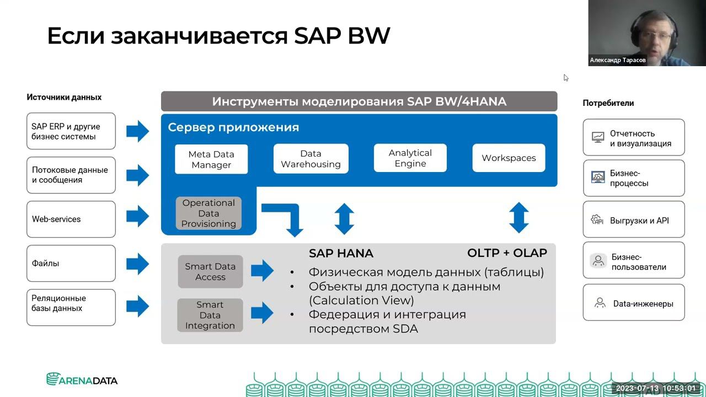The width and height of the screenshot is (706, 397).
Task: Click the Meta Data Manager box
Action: point(211,159)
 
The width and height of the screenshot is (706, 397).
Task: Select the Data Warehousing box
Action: point(311,159)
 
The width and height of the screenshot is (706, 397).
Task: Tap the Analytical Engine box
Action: point(410,158)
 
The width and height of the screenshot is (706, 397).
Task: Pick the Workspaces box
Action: point(509,158)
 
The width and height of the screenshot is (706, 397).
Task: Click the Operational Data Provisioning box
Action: point(208,213)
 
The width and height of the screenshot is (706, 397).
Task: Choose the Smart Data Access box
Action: point(210,272)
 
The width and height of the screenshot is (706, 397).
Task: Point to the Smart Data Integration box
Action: point(210,315)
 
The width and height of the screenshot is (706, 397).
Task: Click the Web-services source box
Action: point(71,219)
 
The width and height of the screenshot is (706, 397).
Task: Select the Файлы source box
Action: point(71,263)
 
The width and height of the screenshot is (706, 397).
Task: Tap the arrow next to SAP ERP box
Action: point(137,131)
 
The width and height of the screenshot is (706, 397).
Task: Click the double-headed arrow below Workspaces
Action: point(518,217)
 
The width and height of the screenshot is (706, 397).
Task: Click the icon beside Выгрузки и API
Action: point(597,220)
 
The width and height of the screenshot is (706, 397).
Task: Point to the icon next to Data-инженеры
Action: point(600,303)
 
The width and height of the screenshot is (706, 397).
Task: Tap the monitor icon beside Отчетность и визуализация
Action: point(597,138)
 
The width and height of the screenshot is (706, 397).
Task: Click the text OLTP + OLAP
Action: point(507,253)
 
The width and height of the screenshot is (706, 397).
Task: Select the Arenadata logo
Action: point(82,379)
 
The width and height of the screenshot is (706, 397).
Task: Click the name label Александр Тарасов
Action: point(618,60)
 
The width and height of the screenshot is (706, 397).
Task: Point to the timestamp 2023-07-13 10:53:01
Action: point(656,389)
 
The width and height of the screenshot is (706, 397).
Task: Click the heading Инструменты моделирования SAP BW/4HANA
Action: point(359,101)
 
